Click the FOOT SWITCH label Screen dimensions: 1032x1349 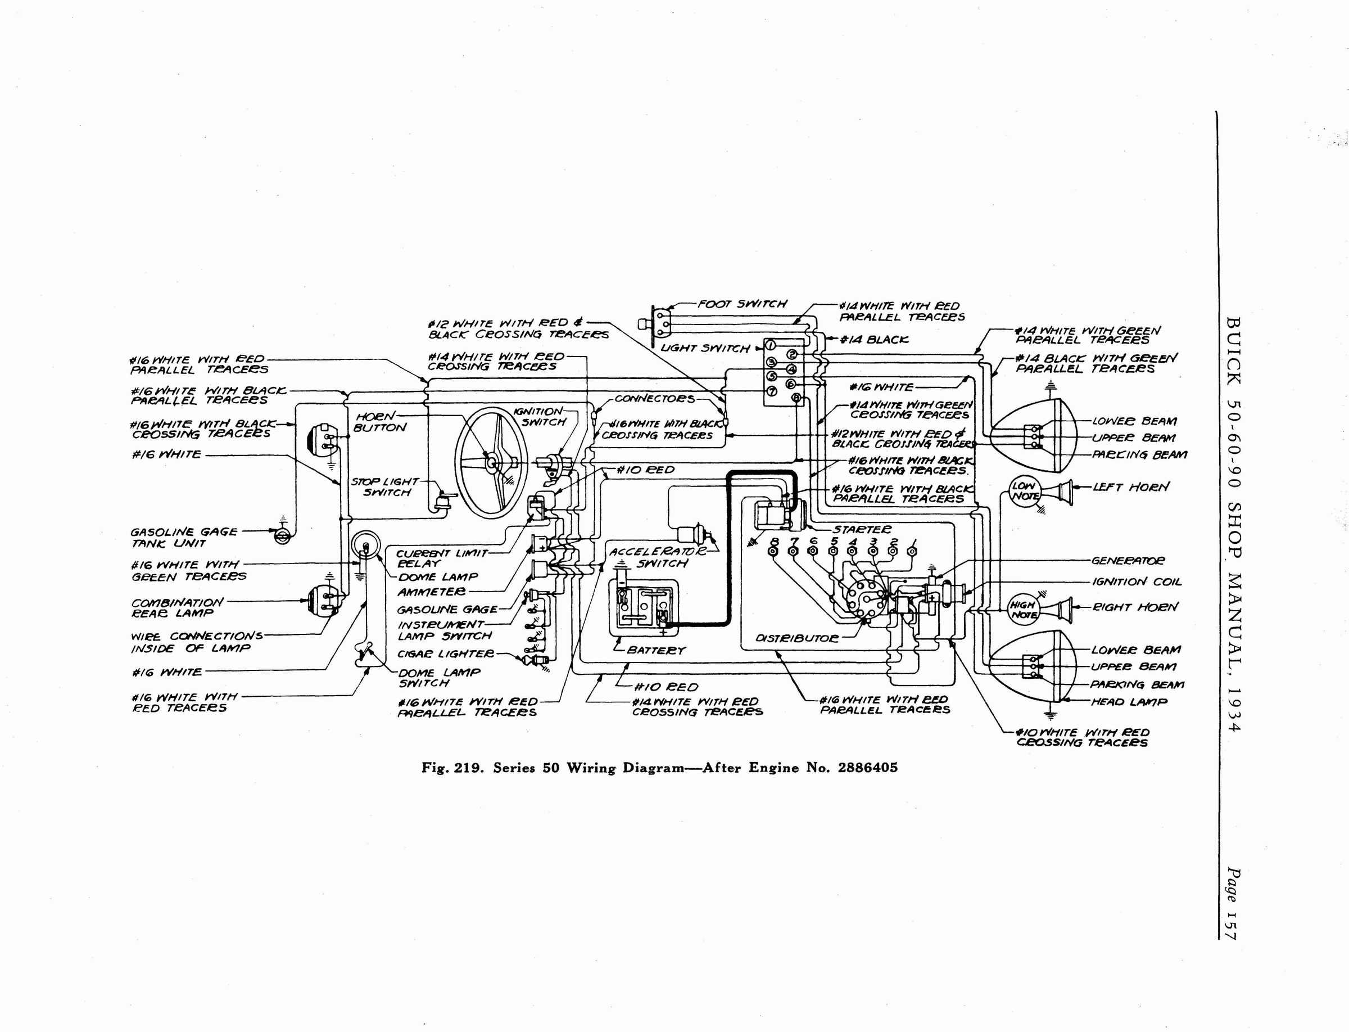click(742, 304)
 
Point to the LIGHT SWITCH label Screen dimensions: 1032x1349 click(705, 349)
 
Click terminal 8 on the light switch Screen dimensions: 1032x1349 click(796, 399)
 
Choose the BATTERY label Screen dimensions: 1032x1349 click(656, 650)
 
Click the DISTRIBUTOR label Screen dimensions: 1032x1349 click(796, 638)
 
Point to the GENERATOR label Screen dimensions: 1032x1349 click(1128, 561)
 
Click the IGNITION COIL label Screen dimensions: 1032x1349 click(1136, 581)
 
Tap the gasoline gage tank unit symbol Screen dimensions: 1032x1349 click(281, 537)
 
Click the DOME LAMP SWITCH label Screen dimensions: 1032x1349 click(439, 678)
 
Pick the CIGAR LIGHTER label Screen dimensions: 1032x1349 click(445, 654)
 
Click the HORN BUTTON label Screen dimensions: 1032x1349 click(379, 422)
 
